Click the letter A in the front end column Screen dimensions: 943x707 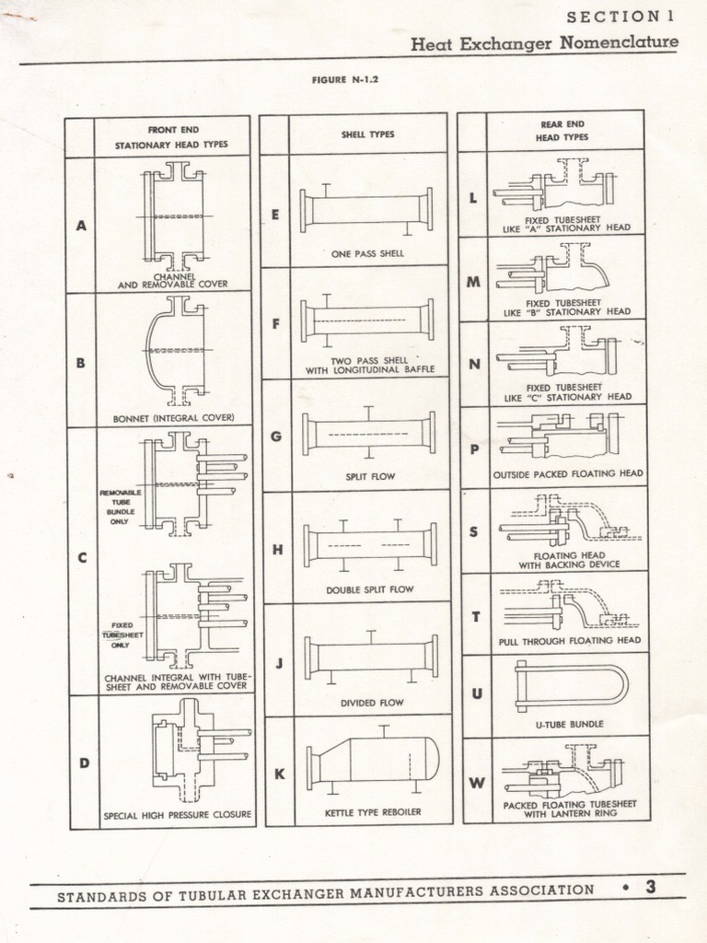[x=81, y=225]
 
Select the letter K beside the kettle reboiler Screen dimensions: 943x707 [x=279, y=774]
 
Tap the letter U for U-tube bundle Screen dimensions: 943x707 [x=477, y=693]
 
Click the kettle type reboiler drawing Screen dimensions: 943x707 [x=373, y=760]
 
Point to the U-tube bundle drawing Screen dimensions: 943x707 [x=571, y=687]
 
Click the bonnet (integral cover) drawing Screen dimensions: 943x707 [x=175, y=350]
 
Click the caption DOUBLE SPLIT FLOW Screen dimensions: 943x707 [x=370, y=589]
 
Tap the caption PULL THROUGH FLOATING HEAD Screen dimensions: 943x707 [x=570, y=641]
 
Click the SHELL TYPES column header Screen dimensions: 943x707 [x=368, y=134]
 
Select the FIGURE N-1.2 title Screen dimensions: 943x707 [x=345, y=79]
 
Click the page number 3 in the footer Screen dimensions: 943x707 [x=651, y=888]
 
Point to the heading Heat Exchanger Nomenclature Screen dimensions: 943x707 [x=544, y=43]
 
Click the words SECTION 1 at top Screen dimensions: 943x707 [x=622, y=17]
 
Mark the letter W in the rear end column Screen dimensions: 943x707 [x=477, y=784]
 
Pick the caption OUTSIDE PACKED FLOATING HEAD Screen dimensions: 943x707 [x=568, y=473]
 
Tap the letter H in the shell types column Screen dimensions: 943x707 [x=277, y=551]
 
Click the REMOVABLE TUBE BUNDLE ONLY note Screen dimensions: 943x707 [x=121, y=507]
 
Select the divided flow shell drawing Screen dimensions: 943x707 [x=371, y=657]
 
